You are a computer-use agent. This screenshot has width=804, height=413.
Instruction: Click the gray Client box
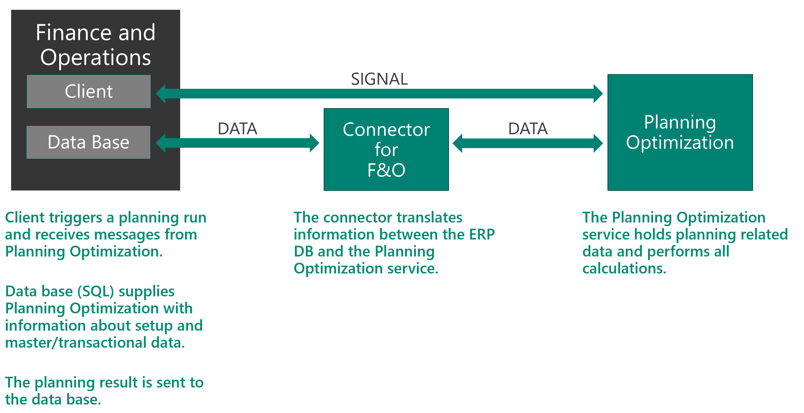[x=89, y=91]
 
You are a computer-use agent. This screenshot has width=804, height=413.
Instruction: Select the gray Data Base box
[x=88, y=142]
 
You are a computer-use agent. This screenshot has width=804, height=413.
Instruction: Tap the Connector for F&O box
[x=386, y=149]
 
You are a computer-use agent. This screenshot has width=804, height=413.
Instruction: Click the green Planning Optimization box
[x=680, y=132]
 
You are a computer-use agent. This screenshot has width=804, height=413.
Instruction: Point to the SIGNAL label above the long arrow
[x=379, y=79]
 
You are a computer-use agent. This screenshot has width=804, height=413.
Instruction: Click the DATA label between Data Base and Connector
[x=237, y=129]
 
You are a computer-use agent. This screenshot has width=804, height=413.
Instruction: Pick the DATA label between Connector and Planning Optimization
[x=528, y=129]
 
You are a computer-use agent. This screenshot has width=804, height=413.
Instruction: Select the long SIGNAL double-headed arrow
[x=379, y=94]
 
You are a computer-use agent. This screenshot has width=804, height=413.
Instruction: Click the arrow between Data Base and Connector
[x=237, y=143]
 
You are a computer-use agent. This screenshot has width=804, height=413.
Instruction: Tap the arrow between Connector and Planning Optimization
[x=528, y=143]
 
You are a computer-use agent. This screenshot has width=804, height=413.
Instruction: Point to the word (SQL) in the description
[x=95, y=291]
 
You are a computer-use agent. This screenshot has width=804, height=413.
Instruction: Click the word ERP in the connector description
[x=482, y=235]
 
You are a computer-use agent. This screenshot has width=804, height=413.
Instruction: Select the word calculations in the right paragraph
[x=624, y=269]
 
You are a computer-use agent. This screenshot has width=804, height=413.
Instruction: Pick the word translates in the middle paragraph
[x=430, y=218]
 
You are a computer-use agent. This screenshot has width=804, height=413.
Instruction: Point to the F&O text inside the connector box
[x=386, y=170]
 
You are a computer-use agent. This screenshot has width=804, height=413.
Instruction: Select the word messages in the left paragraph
[x=127, y=235]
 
